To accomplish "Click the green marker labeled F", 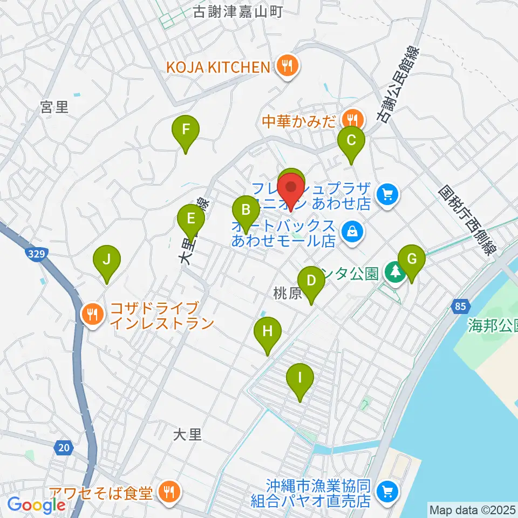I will [x=186, y=130].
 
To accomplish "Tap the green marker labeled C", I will [x=351, y=141].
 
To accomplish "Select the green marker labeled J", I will [x=107, y=260].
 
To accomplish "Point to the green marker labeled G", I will [x=412, y=260].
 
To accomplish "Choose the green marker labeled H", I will [x=268, y=332].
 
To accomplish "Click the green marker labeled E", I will [x=190, y=219].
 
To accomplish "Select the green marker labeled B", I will [x=246, y=209].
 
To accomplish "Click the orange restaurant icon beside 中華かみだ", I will [x=353, y=118].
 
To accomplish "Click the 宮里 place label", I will [x=54, y=107].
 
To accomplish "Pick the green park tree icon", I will [x=396, y=271].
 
